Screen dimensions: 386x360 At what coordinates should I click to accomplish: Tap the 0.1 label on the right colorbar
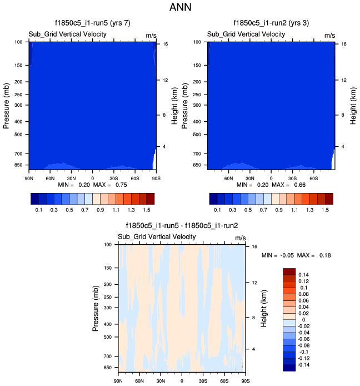(218, 211)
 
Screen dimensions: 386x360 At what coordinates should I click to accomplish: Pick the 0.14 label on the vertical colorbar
(304, 275)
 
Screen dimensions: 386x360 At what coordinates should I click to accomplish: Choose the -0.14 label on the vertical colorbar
(305, 364)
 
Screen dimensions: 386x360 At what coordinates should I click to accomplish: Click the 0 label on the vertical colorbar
(300, 319)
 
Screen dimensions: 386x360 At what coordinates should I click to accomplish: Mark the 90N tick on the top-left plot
(29, 177)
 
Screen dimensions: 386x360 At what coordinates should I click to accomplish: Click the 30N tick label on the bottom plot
(161, 380)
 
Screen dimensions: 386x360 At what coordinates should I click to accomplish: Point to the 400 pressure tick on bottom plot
(108, 324)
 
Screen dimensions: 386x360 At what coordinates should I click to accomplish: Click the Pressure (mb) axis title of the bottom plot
(96, 307)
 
